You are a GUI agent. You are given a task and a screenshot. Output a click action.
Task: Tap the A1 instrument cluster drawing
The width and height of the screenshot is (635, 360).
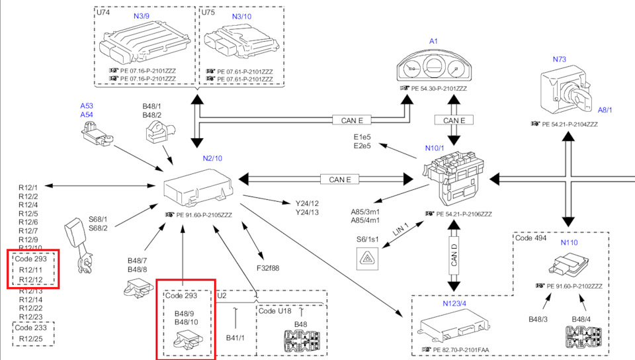pyautogui.click(x=434, y=67)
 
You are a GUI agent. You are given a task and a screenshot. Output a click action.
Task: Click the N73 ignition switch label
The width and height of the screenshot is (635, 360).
pyautogui.click(x=560, y=60)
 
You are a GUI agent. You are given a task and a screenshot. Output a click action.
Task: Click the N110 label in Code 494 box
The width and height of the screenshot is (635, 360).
pyautogui.click(x=569, y=243)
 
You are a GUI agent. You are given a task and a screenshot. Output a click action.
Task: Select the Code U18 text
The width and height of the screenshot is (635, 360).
pyautogui.click(x=275, y=310)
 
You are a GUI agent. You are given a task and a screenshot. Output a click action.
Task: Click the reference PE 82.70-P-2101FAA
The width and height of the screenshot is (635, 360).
pyautogui.click(x=462, y=349)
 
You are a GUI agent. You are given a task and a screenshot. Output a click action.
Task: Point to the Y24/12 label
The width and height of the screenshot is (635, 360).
pyautogui.click(x=307, y=203)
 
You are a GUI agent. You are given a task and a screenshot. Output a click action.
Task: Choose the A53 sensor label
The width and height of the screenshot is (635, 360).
pyautogui.click(x=87, y=106)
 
